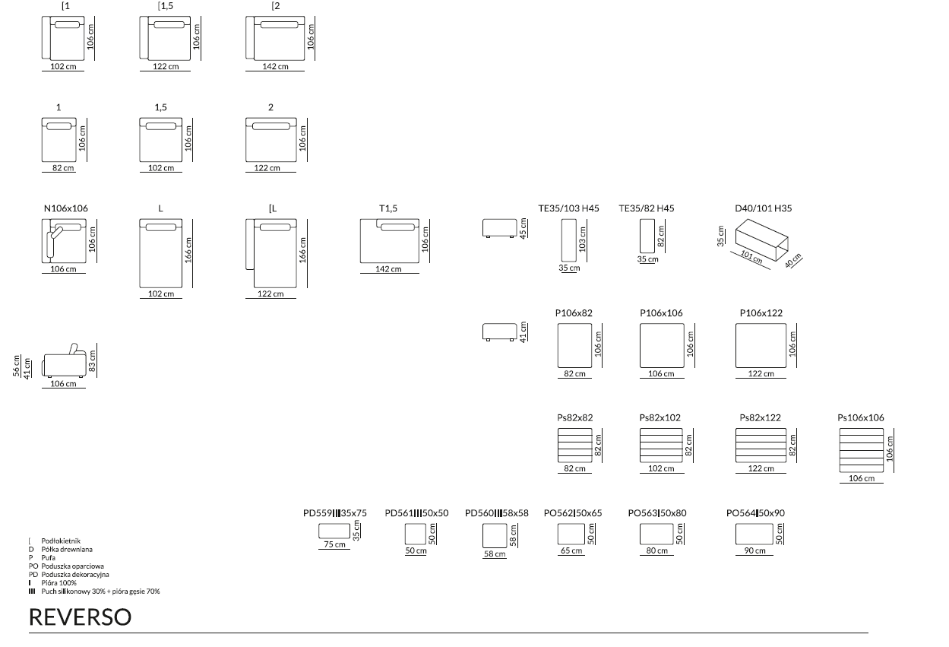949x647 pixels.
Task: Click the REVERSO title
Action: tap(80, 617)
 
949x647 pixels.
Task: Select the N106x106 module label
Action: tap(65, 208)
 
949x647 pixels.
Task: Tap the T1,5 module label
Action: tap(388, 208)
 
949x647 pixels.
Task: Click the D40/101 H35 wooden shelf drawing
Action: tap(762, 240)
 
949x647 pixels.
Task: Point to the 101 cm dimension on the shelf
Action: tap(751, 257)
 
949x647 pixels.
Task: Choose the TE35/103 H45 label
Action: tap(568, 208)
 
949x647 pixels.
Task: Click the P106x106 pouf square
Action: tap(662, 345)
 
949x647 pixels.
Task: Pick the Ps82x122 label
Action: tap(760, 417)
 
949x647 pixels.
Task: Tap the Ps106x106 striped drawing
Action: tap(862, 450)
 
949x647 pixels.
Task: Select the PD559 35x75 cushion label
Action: tap(334, 513)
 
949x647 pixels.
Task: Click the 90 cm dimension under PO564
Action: tap(755, 550)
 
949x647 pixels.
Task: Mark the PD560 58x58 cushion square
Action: tap(495, 535)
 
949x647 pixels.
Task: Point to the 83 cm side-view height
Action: tap(93, 360)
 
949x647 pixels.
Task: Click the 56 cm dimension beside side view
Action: tap(16, 366)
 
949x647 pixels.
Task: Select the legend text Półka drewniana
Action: tap(67, 550)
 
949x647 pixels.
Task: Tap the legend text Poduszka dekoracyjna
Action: tap(75, 575)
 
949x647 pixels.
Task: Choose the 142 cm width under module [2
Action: tap(275, 67)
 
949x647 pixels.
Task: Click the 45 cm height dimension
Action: tap(524, 229)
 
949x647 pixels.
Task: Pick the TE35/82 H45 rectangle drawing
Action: tap(647, 236)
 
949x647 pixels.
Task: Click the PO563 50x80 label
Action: tap(657, 513)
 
